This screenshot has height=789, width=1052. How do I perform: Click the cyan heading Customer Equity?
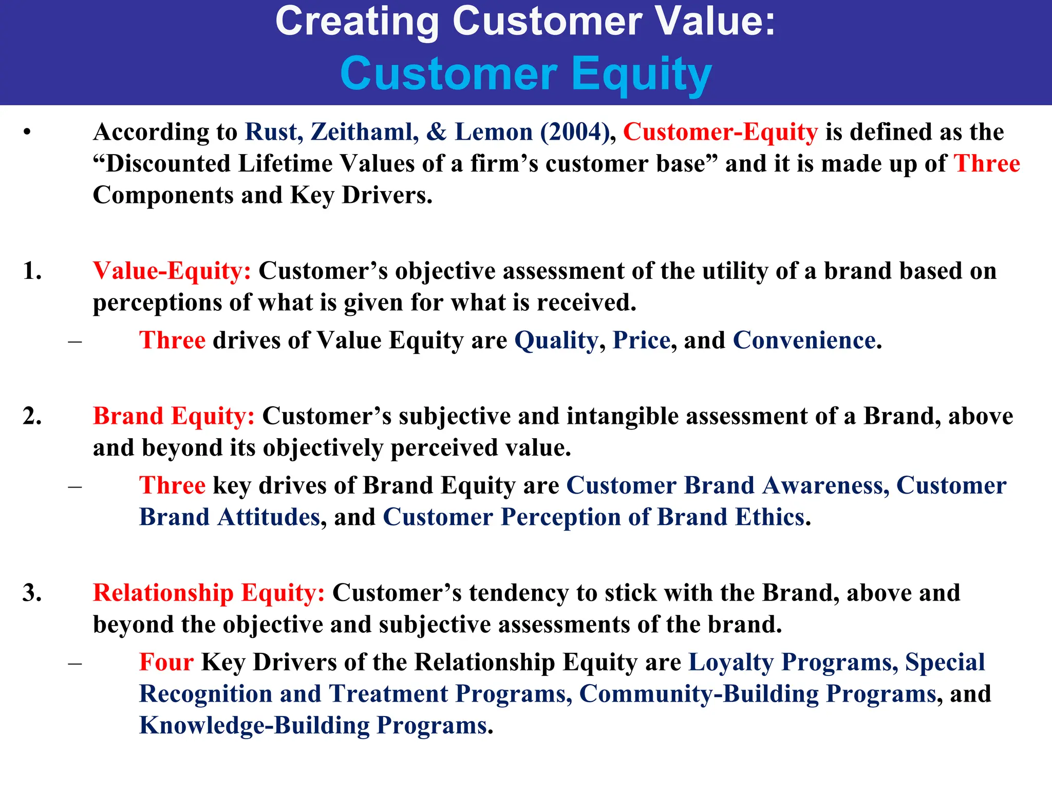tap(525, 74)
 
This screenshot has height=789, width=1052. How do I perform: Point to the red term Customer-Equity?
tap(720, 132)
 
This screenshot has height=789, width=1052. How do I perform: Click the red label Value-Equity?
tap(172, 271)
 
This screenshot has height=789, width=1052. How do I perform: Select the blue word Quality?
tap(556, 341)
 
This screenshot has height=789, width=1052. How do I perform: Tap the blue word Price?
tap(642, 341)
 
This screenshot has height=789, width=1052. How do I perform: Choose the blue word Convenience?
tap(804, 341)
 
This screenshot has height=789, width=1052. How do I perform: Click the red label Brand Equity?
tap(174, 416)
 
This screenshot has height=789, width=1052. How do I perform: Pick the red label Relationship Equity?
tap(209, 593)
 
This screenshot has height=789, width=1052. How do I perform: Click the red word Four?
tap(166, 662)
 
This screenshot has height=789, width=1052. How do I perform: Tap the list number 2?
tap(32, 416)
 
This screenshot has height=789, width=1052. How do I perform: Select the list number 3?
tap(32, 593)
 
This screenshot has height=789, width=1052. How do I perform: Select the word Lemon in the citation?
tap(494, 132)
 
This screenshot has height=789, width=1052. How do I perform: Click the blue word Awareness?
tap(825, 485)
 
